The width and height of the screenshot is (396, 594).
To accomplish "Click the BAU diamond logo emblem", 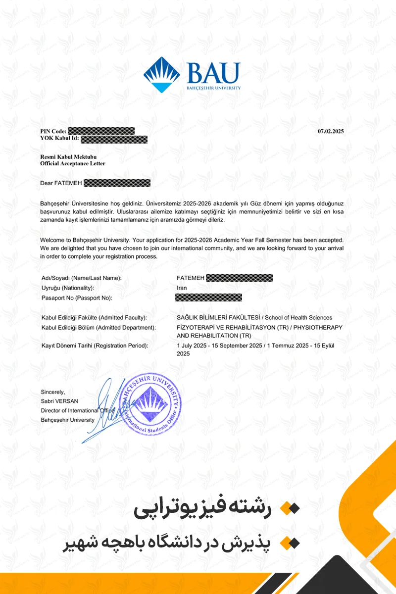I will (162, 75).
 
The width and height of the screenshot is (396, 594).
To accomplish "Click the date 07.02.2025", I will (330, 131).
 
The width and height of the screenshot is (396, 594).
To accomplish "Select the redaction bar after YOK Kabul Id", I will (114, 139).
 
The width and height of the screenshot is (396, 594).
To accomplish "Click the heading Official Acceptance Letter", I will (73, 163).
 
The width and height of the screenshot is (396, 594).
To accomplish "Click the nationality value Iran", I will (182, 288).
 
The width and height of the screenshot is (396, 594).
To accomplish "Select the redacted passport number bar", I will (209, 297).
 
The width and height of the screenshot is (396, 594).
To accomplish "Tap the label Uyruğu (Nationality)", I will (68, 288).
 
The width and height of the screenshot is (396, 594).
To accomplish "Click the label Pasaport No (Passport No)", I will (77, 297).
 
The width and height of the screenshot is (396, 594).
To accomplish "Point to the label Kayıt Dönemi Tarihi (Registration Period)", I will (95, 346).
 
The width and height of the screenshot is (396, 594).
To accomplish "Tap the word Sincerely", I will (53, 392).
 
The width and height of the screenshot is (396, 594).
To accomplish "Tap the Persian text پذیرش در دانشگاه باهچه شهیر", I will (167, 543).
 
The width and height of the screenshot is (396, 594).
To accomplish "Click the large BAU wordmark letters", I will (213, 73).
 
